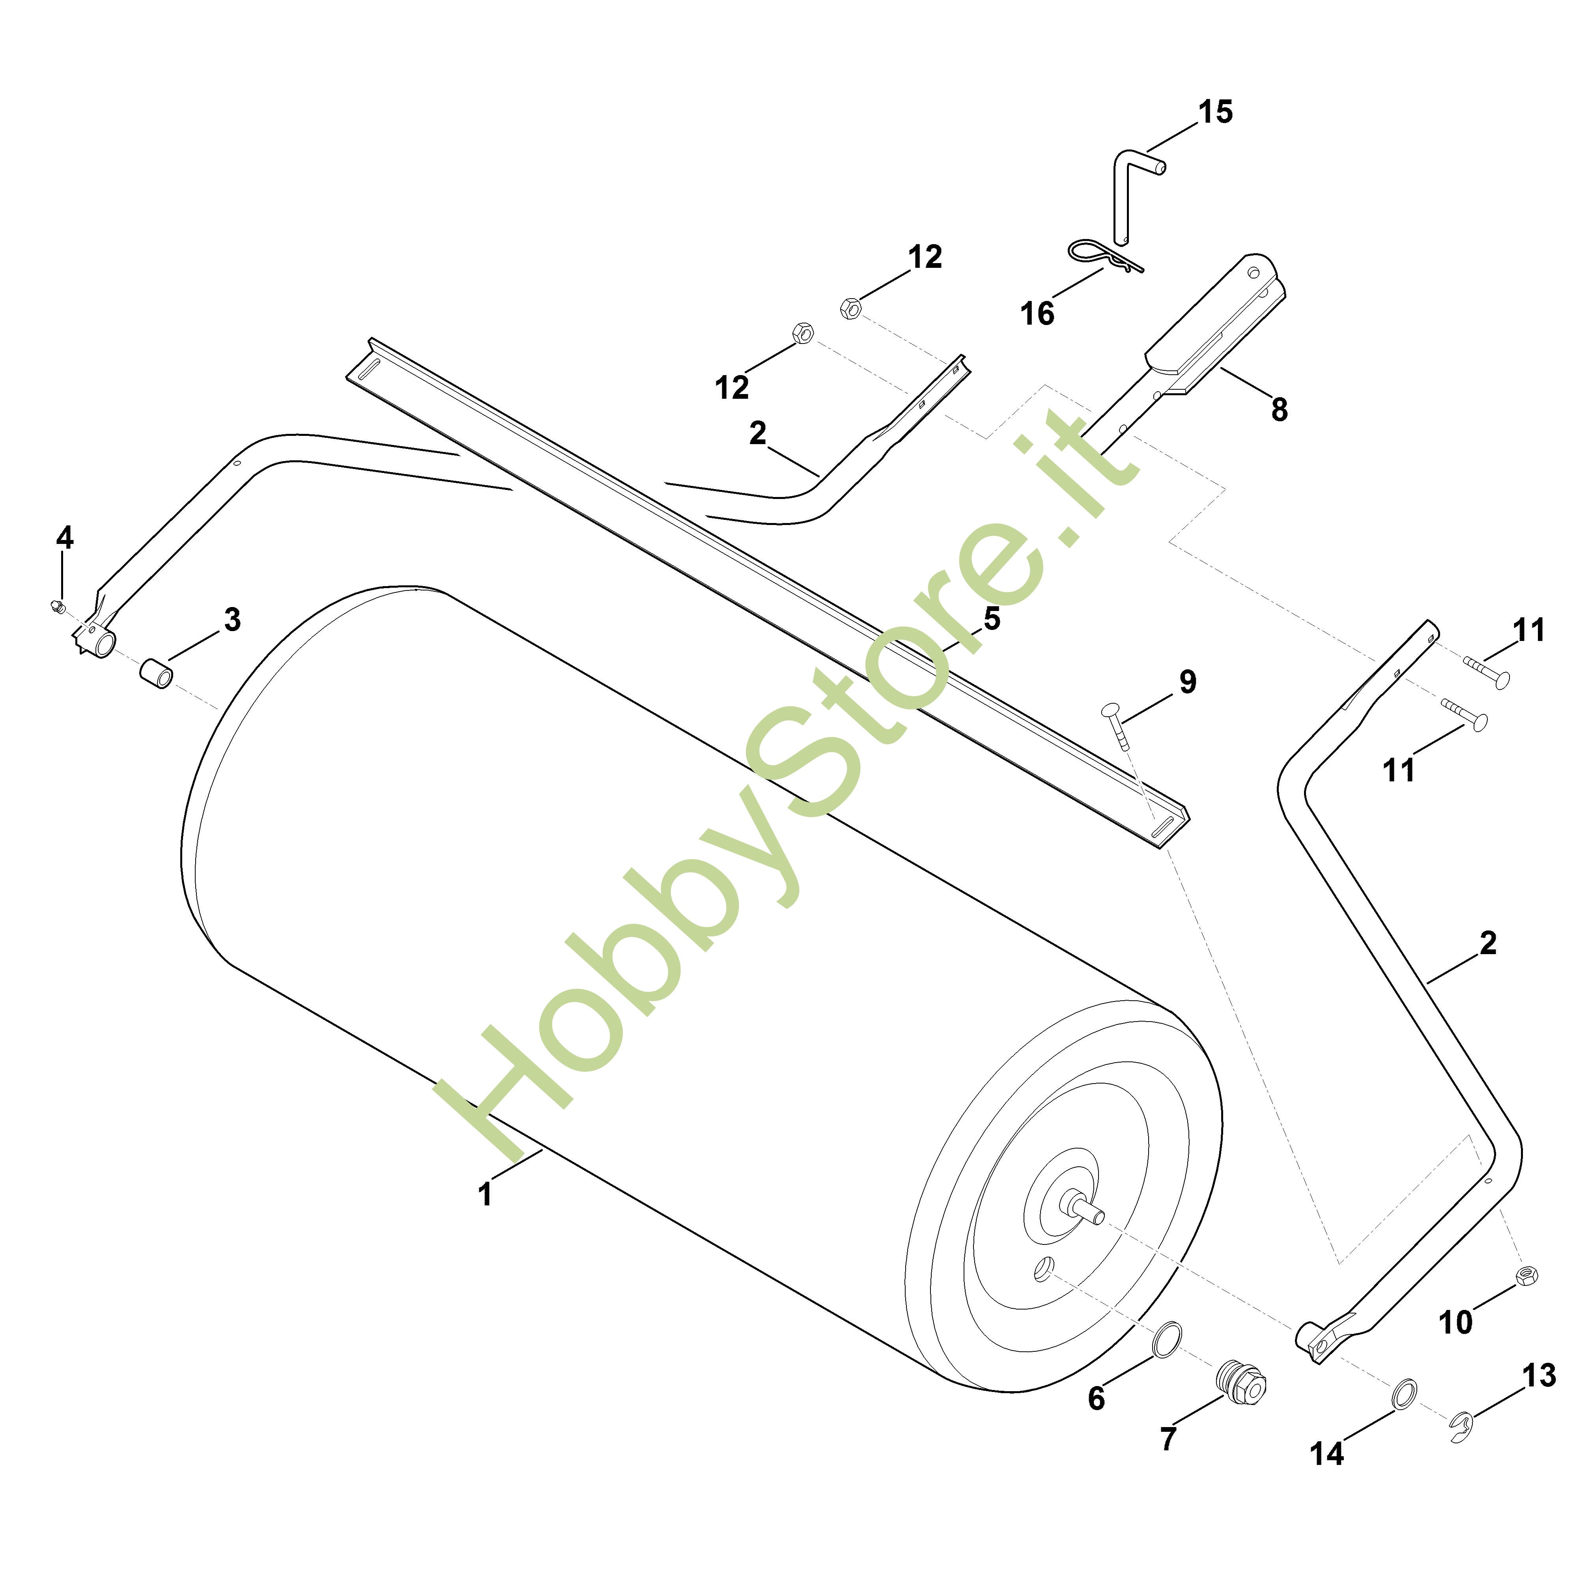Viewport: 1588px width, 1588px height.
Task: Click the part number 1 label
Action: click(485, 1194)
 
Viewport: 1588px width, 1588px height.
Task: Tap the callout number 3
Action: click(233, 620)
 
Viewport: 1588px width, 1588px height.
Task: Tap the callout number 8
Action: click(1279, 409)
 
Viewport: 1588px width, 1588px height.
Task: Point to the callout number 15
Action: click(1215, 112)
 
